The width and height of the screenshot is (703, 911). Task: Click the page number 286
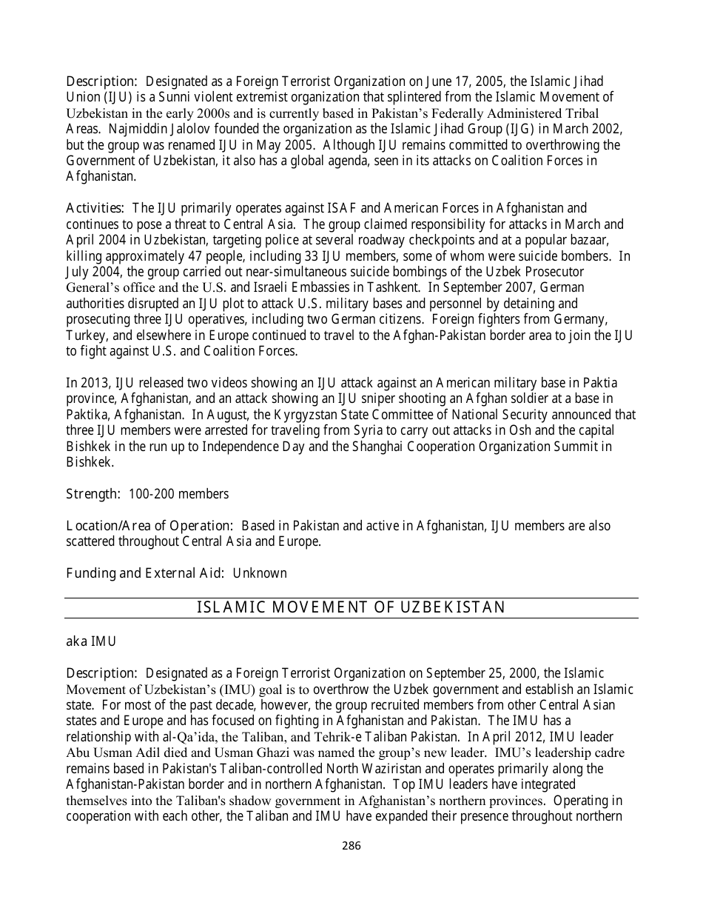point(351,846)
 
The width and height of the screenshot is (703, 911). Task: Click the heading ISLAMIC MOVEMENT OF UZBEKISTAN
point(351,608)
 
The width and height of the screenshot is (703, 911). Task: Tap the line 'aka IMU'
point(91,641)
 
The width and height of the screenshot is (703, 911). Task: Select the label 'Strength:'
point(93,494)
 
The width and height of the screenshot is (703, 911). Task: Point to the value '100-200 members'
point(178,494)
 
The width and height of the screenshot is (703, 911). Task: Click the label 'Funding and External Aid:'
point(146,573)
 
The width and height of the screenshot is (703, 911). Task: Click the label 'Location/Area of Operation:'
point(150,526)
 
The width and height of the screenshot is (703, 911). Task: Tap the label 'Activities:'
point(95,208)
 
